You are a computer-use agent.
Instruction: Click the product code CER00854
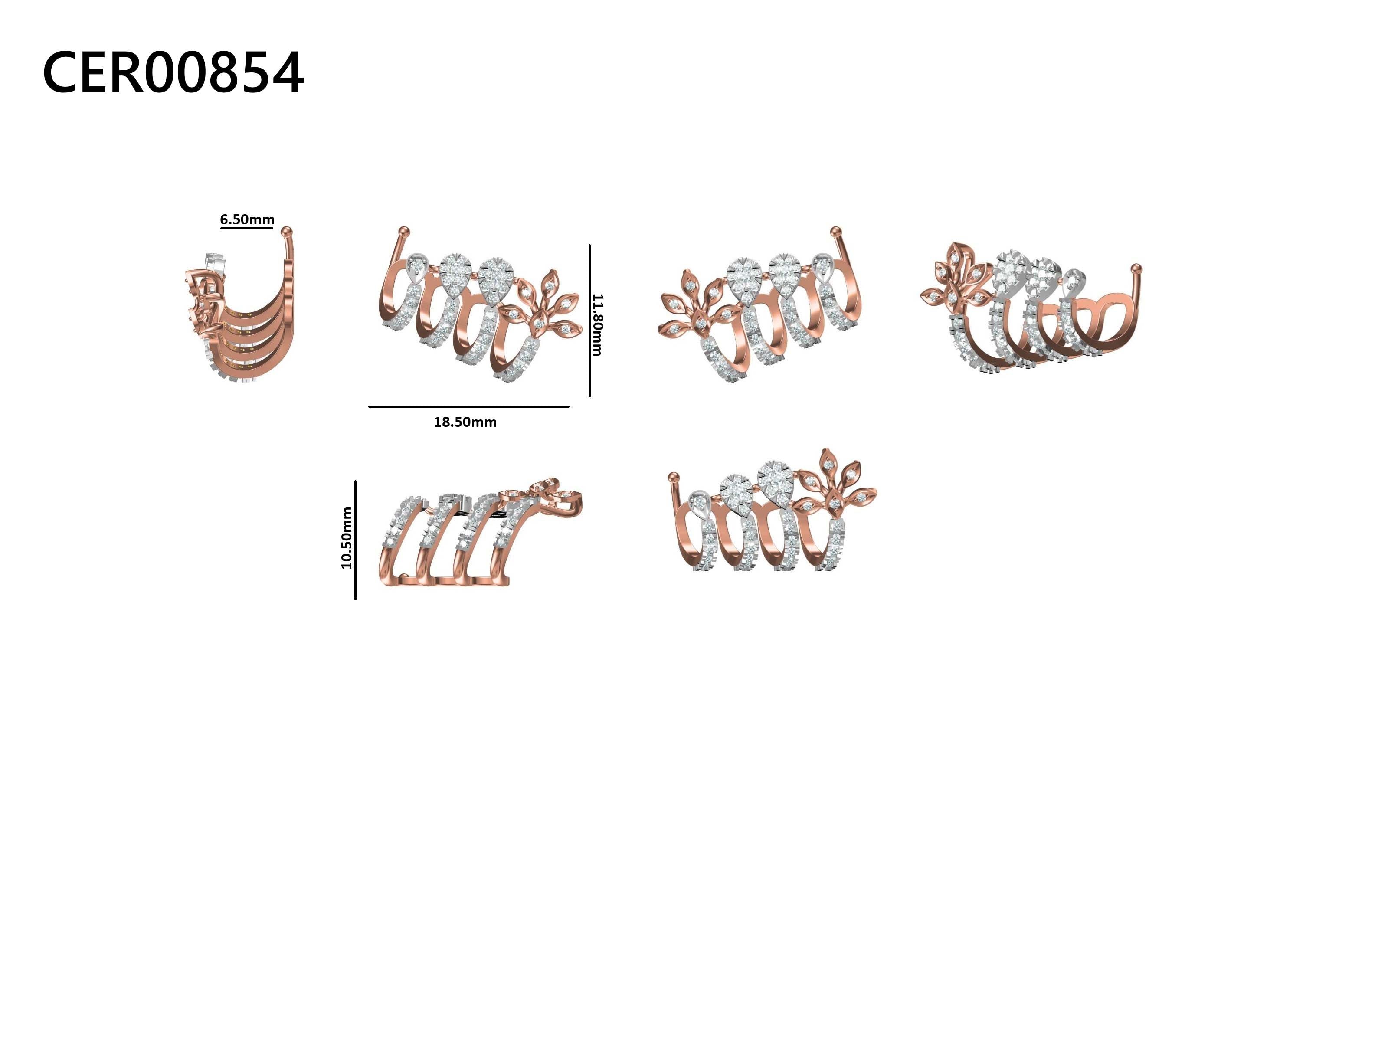click(x=173, y=73)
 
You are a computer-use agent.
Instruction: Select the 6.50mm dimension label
click(x=247, y=219)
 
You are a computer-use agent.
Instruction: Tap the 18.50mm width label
click(x=465, y=422)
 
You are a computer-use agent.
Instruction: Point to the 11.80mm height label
click(x=597, y=324)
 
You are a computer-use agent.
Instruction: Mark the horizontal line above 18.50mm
click(x=469, y=406)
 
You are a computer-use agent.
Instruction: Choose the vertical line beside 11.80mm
click(x=590, y=321)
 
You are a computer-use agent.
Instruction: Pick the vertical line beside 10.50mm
click(x=355, y=540)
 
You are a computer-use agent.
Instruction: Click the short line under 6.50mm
click(x=247, y=228)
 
